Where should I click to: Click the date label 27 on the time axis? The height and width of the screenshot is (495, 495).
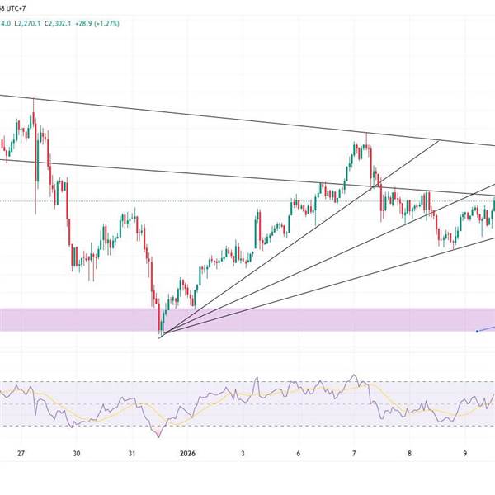pyautogui.click(x=21, y=453)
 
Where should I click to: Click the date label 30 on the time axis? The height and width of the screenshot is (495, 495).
pyautogui.click(x=76, y=453)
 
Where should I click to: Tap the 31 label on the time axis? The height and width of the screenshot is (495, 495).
pyautogui.click(x=132, y=453)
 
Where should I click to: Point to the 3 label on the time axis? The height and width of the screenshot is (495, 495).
pyautogui.click(x=243, y=453)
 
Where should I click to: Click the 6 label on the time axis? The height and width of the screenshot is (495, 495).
pyautogui.click(x=299, y=453)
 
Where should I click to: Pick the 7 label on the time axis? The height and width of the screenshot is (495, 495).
pyautogui.click(x=354, y=453)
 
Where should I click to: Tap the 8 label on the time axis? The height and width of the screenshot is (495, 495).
pyautogui.click(x=409, y=453)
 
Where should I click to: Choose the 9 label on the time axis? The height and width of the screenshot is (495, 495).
pyautogui.click(x=465, y=453)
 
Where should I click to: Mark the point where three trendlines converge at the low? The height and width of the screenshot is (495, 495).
pyautogui.click(x=160, y=336)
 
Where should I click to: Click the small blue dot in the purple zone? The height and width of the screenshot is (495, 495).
pyautogui.click(x=478, y=332)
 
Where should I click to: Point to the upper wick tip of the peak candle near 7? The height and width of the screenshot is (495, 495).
pyautogui.click(x=366, y=132)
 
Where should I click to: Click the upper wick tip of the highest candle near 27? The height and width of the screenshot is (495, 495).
pyautogui.click(x=33, y=99)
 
